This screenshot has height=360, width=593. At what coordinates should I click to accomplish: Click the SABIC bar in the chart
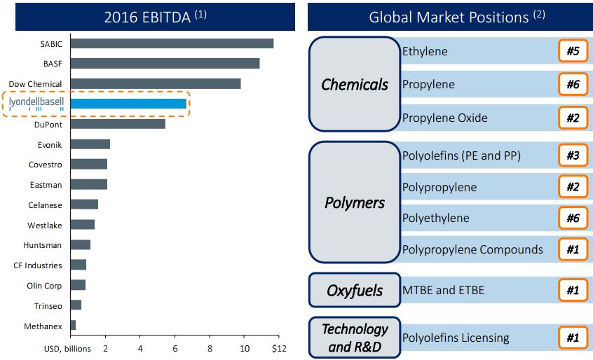click(172, 43)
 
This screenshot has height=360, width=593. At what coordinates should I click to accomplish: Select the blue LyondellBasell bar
click(128, 104)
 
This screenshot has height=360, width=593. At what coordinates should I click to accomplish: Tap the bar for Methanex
click(73, 326)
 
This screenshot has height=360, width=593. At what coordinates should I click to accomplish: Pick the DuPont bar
click(118, 124)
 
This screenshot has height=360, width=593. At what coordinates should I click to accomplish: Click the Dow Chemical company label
click(35, 84)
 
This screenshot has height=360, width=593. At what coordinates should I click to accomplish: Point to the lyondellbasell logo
click(36, 104)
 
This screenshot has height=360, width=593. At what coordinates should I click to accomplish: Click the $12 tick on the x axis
click(278, 348)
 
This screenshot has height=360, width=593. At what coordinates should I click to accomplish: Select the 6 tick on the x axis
click(175, 348)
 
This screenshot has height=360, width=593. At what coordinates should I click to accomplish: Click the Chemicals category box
click(355, 85)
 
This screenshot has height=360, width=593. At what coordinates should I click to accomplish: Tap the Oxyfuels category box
click(355, 290)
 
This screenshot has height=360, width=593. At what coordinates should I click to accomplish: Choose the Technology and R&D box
click(355, 338)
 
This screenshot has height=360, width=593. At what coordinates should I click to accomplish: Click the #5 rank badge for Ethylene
click(573, 51)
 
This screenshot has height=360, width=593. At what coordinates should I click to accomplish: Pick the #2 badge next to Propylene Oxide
click(573, 117)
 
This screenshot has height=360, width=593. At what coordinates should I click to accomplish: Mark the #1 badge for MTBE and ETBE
click(573, 289)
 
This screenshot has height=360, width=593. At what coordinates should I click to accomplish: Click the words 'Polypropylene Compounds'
click(472, 249)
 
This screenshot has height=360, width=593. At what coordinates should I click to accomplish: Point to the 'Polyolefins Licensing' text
click(456, 338)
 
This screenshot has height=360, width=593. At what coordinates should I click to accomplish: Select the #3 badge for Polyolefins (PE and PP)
click(573, 155)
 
